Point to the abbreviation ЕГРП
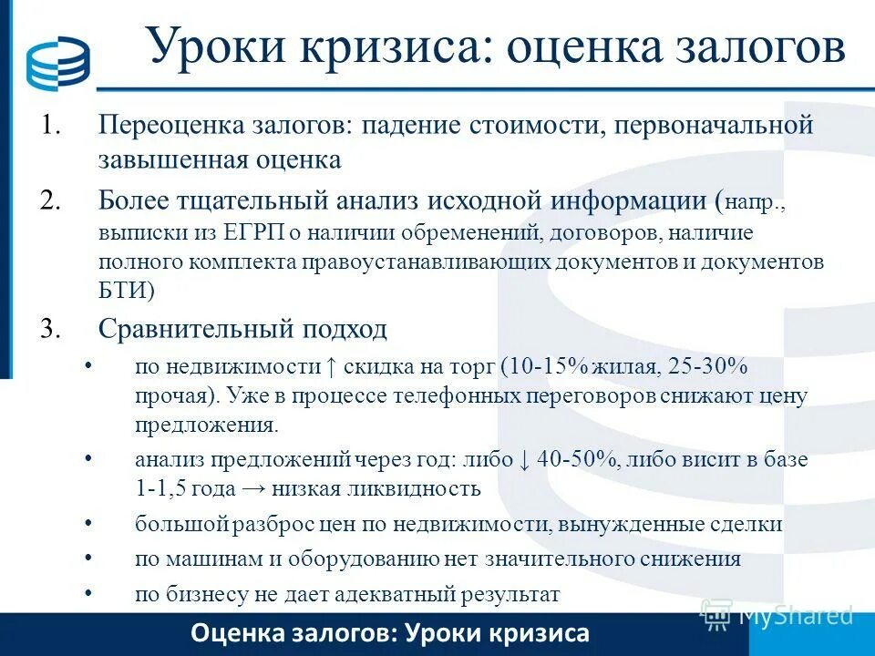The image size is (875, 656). click(254, 232)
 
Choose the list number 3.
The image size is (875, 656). click(49, 328)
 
